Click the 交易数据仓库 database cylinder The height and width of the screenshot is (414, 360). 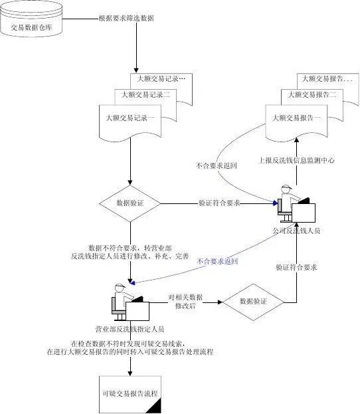pyautogui.click(x=33, y=19)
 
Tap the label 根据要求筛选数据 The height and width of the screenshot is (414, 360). pyautogui.click(x=126, y=19)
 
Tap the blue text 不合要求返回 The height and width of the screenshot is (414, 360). pyautogui.click(x=217, y=262)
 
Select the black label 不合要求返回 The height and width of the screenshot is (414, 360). pyautogui.click(x=217, y=165)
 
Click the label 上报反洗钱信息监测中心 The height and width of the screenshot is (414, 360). pyautogui.click(x=296, y=160)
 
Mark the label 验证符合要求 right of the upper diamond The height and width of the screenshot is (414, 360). pyautogui.click(x=219, y=203)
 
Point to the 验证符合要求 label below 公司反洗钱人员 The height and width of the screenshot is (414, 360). pyautogui.click(x=296, y=266)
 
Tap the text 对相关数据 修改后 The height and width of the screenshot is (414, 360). pyautogui.click(x=184, y=302)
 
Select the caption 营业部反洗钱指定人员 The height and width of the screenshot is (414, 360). pyautogui.click(x=130, y=328)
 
